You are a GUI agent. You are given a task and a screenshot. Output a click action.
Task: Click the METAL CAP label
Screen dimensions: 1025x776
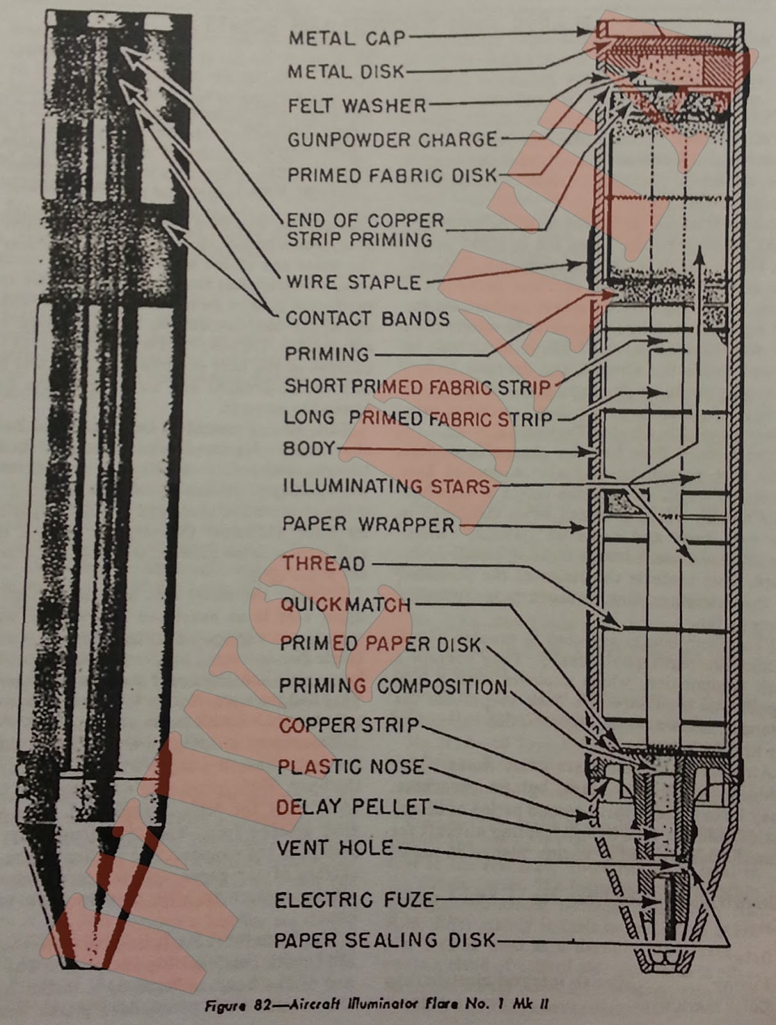click(x=347, y=38)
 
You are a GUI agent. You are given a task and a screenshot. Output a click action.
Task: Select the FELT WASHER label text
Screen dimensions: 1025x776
click(x=356, y=105)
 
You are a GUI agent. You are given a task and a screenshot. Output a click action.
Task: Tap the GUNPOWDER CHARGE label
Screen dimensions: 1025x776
click(x=392, y=140)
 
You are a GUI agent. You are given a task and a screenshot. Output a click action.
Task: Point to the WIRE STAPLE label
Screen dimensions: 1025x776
click(x=353, y=282)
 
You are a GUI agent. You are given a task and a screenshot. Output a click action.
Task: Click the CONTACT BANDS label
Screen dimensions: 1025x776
click(x=367, y=318)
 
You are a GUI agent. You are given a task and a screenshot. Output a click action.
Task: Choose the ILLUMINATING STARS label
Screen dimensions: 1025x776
click(x=386, y=486)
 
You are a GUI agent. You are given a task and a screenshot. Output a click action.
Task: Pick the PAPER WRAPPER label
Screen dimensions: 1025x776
click(x=368, y=525)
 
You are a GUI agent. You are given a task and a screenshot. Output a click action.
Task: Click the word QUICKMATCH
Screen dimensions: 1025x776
click(x=345, y=604)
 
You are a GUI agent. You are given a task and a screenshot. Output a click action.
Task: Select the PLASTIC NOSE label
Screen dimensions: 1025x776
click(x=351, y=766)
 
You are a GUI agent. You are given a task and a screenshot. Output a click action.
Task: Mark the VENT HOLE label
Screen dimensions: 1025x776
click(x=334, y=848)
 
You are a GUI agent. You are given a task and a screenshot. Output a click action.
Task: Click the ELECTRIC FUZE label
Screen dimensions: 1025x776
click(x=354, y=900)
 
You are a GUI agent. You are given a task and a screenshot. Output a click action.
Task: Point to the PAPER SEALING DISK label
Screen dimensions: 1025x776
click(x=384, y=940)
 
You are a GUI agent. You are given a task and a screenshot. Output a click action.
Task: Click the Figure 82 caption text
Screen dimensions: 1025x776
click(x=376, y=1005)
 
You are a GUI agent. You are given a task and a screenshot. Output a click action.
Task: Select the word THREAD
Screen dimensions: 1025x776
click(x=324, y=564)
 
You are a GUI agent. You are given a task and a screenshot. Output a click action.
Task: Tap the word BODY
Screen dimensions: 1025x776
click(x=309, y=448)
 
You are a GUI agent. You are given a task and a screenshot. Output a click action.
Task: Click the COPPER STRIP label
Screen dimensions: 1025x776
click(x=349, y=726)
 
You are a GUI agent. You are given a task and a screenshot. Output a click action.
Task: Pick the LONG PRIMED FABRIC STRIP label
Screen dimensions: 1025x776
click(x=418, y=419)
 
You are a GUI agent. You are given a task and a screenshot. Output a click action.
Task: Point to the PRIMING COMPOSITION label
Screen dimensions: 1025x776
click(x=392, y=687)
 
